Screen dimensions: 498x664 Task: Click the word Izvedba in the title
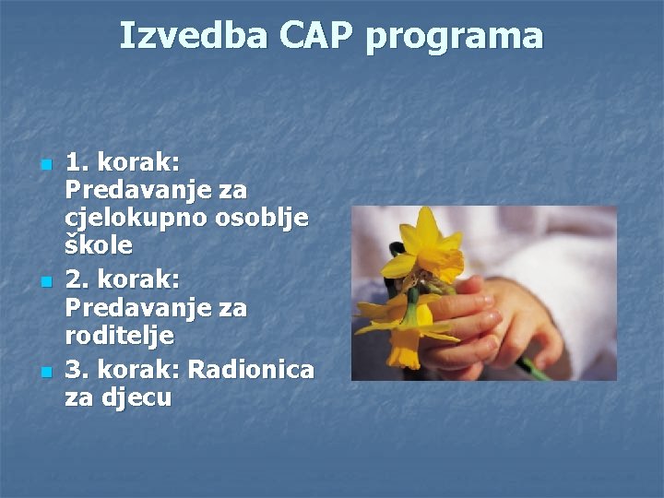point(192,36)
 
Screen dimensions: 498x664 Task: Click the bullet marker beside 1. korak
point(45,165)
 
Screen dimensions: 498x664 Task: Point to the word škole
point(99,246)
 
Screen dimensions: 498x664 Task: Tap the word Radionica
point(251,370)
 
